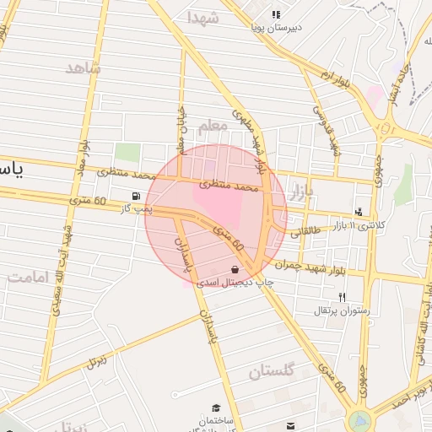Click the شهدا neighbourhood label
203,18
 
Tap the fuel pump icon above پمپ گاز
136,196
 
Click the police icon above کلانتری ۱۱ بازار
360,213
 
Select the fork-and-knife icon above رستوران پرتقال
342,297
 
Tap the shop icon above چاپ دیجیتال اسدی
234,269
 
